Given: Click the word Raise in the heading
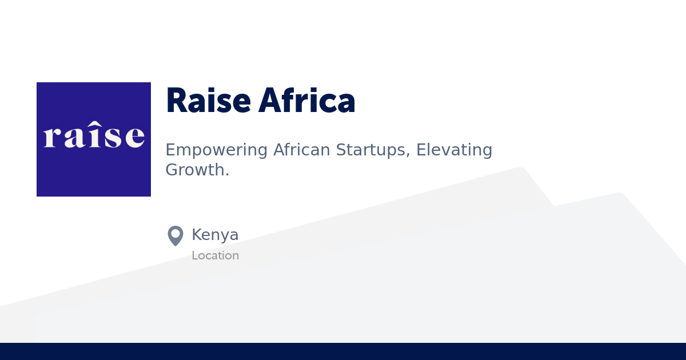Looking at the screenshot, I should (208, 101).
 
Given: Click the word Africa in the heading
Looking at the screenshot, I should (307, 101).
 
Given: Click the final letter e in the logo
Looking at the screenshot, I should (134, 137).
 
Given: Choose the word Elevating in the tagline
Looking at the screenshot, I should (454, 150).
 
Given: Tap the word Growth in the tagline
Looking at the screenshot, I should (194, 170).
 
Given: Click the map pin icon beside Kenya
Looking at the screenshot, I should (176, 235).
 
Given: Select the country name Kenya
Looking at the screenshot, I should (215, 235).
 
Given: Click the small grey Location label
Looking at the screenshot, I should (215, 255).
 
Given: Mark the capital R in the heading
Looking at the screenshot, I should (177, 101).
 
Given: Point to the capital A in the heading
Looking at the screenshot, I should (270, 101).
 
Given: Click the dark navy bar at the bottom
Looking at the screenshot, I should (343, 351).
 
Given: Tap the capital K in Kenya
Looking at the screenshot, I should (197, 235).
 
